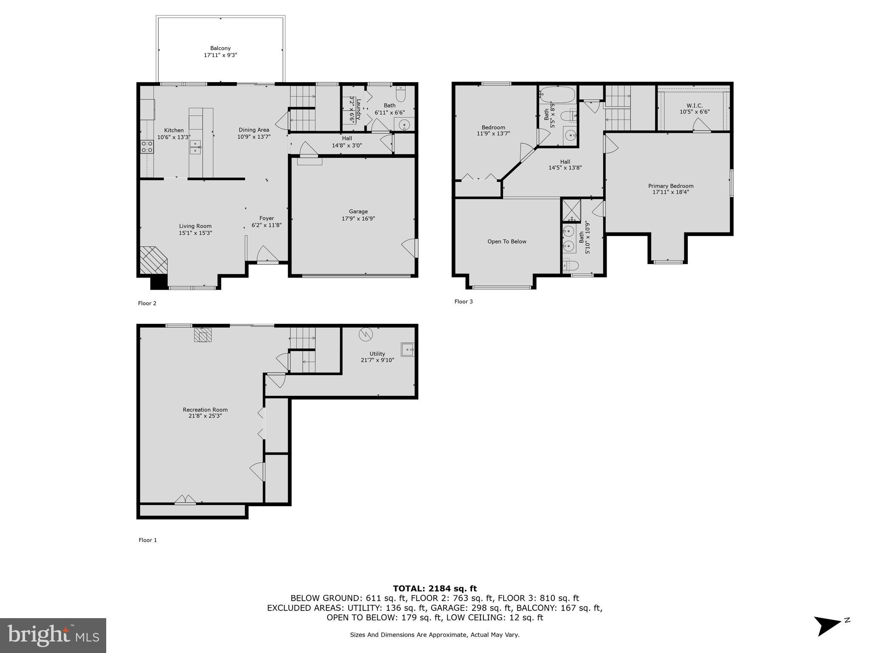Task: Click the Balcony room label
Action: (220, 48)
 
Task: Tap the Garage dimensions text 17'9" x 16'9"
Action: (358, 219)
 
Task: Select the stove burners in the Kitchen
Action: (147, 147)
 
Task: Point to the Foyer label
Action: (267, 218)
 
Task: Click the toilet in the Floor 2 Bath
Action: (401, 93)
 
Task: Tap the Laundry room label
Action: (358, 110)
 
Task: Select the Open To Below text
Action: (507, 241)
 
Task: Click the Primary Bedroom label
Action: (670, 186)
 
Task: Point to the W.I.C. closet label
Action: (694, 105)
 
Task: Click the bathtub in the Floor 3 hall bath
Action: (557, 94)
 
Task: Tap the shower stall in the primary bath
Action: (571, 210)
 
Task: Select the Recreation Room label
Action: (205, 410)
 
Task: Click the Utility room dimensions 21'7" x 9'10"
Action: (377, 360)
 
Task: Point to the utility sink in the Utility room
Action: (407, 349)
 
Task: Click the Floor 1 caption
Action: (147, 540)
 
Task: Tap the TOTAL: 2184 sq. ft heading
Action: (435, 588)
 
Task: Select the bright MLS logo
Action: (53, 635)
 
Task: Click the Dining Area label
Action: (254, 130)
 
